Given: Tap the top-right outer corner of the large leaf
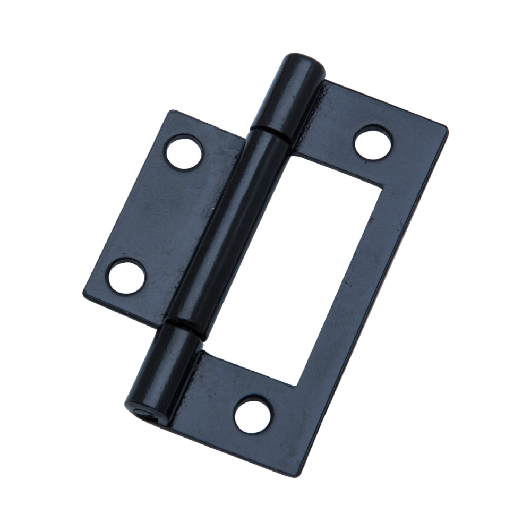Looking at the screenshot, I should point(446,127).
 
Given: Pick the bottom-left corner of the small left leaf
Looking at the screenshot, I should point(85,293).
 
